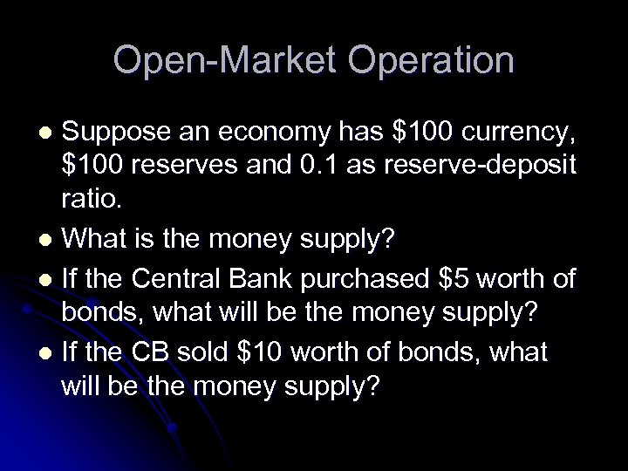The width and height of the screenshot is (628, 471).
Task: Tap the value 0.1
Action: click(x=315, y=166)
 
